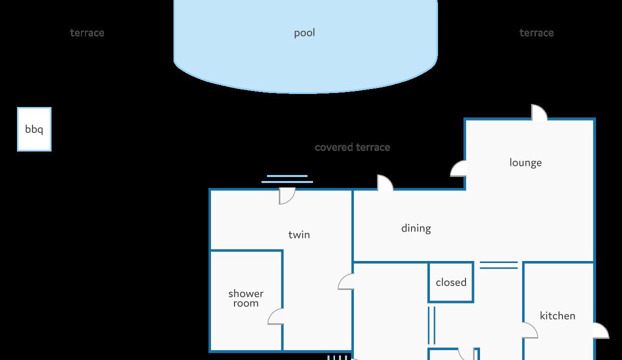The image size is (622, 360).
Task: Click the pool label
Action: (304, 33)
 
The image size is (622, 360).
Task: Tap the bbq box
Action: (34, 129)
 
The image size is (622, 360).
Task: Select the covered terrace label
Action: (352, 147)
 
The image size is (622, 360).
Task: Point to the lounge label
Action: (525, 163)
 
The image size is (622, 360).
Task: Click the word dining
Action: (416, 228)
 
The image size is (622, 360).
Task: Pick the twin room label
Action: (299, 234)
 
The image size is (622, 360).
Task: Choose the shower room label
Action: (245, 298)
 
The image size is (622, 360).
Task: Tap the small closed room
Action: (451, 282)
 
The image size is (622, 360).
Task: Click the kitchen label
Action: (557, 316)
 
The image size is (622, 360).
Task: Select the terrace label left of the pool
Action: (87, 33)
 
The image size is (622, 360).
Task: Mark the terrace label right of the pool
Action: (536, 33)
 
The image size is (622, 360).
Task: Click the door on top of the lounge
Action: (539, 112)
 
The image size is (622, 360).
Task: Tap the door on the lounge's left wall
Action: (458, 168)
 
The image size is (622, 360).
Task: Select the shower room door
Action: (275, 316)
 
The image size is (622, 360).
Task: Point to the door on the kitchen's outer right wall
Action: (601, 330)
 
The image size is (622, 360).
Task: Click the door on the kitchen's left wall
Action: (530, 330)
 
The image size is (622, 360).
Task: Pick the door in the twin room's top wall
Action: (287, 196)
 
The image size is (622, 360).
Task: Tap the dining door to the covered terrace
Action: (385, 183)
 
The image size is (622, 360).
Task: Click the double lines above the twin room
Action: (287, 179)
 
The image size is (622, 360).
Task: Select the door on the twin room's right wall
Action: (346, 281)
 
